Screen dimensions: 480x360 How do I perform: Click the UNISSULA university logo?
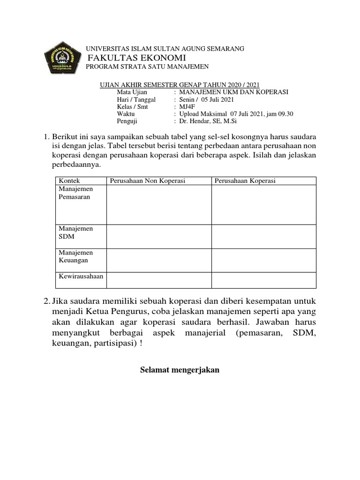point(62,59)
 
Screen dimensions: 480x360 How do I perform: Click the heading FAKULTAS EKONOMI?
point(138,58)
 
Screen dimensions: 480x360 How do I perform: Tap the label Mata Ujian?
point(132,92)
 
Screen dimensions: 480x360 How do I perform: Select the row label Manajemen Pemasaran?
point(75,193)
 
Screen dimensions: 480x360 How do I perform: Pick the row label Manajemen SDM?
point(75,232)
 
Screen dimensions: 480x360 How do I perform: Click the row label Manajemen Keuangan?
point(75,256)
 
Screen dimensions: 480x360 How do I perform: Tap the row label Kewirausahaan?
point(80,277)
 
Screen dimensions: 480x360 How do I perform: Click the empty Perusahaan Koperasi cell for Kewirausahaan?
point(263,280)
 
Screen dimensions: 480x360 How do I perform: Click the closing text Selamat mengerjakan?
point(180,370)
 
